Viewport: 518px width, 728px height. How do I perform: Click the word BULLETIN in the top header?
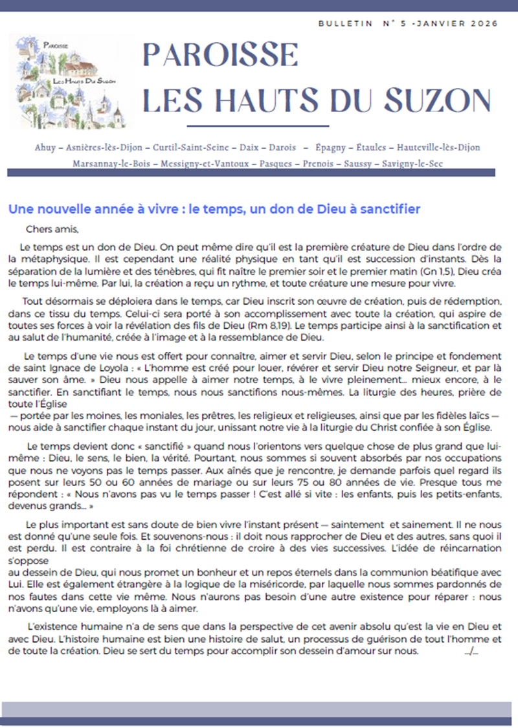click(x=345, y=23)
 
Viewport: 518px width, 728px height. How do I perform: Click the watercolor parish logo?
click(x=71, y=82)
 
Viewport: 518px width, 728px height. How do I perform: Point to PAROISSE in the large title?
click(x=220, y=55)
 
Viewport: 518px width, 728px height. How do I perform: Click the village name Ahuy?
click(x=47, y=148)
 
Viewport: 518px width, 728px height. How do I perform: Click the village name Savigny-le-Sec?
click(x=413, y=164)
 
